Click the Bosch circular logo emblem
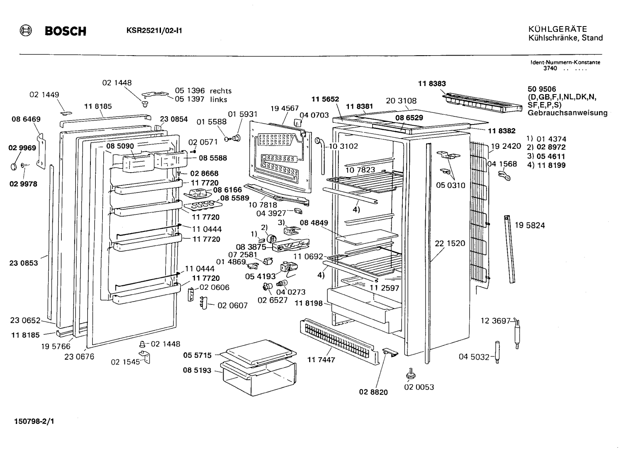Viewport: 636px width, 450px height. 26,31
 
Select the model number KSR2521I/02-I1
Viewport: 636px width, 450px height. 154,31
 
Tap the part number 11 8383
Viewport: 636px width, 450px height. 432,83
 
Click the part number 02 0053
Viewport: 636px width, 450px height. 419,387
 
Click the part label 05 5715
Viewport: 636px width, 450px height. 197,355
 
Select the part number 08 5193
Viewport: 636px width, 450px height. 197,371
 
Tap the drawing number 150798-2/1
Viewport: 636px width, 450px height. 34,421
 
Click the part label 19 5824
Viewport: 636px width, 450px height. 530,225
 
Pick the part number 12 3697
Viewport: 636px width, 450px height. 495,321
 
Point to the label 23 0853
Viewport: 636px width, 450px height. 23,263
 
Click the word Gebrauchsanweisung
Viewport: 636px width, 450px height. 568,113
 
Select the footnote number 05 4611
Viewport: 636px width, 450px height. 551,156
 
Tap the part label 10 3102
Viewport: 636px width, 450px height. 343,147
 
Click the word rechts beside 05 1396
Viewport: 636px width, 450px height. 221,91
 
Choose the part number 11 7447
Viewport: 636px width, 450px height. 321,360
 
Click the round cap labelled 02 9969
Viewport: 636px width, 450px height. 14,166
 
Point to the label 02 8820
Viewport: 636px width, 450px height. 374,392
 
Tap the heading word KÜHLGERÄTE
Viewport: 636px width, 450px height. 557,29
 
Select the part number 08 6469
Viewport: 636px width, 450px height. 26,119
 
